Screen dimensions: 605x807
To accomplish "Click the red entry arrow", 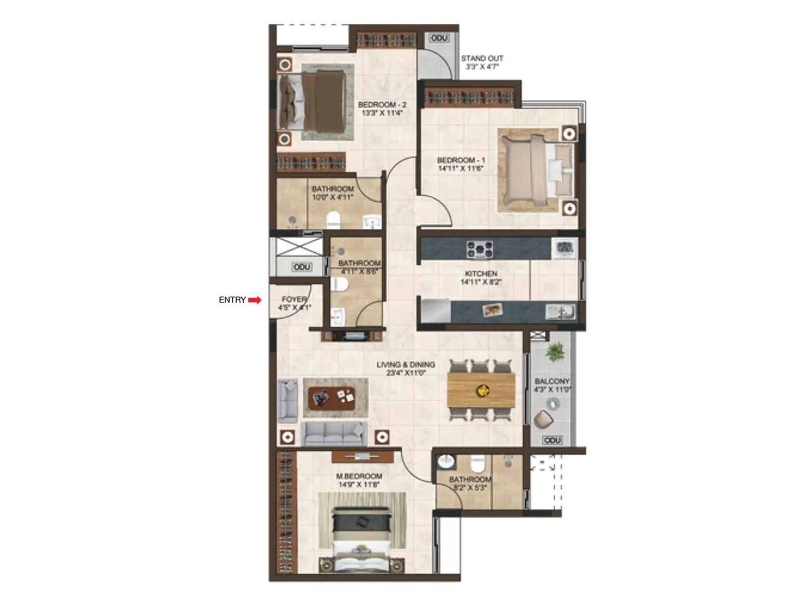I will pyautogui.click(x=255, y=300).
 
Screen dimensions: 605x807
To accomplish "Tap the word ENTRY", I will pyautogui.click(x=232, y=300).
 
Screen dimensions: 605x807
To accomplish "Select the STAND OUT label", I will pyautogui.click(x=482, y=58).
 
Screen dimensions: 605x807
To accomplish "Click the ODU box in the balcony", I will pyautogui.click(x=552, y=440).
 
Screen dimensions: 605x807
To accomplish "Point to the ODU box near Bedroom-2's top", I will pyautogui.click(x=439, y=38).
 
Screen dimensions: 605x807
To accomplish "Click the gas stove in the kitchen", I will pyautogui.click(x=479, y=249).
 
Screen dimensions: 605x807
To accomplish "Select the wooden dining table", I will pyautogui.click(x=481, y=390).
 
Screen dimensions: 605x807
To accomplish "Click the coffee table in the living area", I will pyautogui.click(x=331, y=397).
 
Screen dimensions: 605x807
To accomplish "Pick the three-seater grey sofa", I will pyautogui.click(x=334, y=433).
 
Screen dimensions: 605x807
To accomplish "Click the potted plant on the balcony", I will pyautogui.click(x=555, y=351).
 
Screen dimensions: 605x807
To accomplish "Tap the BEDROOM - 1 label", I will pyautogui.click(x=460, y=160).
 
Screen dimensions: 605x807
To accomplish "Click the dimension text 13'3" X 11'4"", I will pyautogui.click(x=382, y=113).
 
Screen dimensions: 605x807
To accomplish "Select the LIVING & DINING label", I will pyautogui.click(x=406, y=365).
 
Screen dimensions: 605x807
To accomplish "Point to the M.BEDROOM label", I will pyautogui.click(x=359, y=476).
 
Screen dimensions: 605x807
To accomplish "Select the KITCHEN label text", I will pyautogui.click(x=481, y=274).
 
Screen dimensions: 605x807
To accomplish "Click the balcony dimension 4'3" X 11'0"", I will pyautogui.click(x=552, y=390).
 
